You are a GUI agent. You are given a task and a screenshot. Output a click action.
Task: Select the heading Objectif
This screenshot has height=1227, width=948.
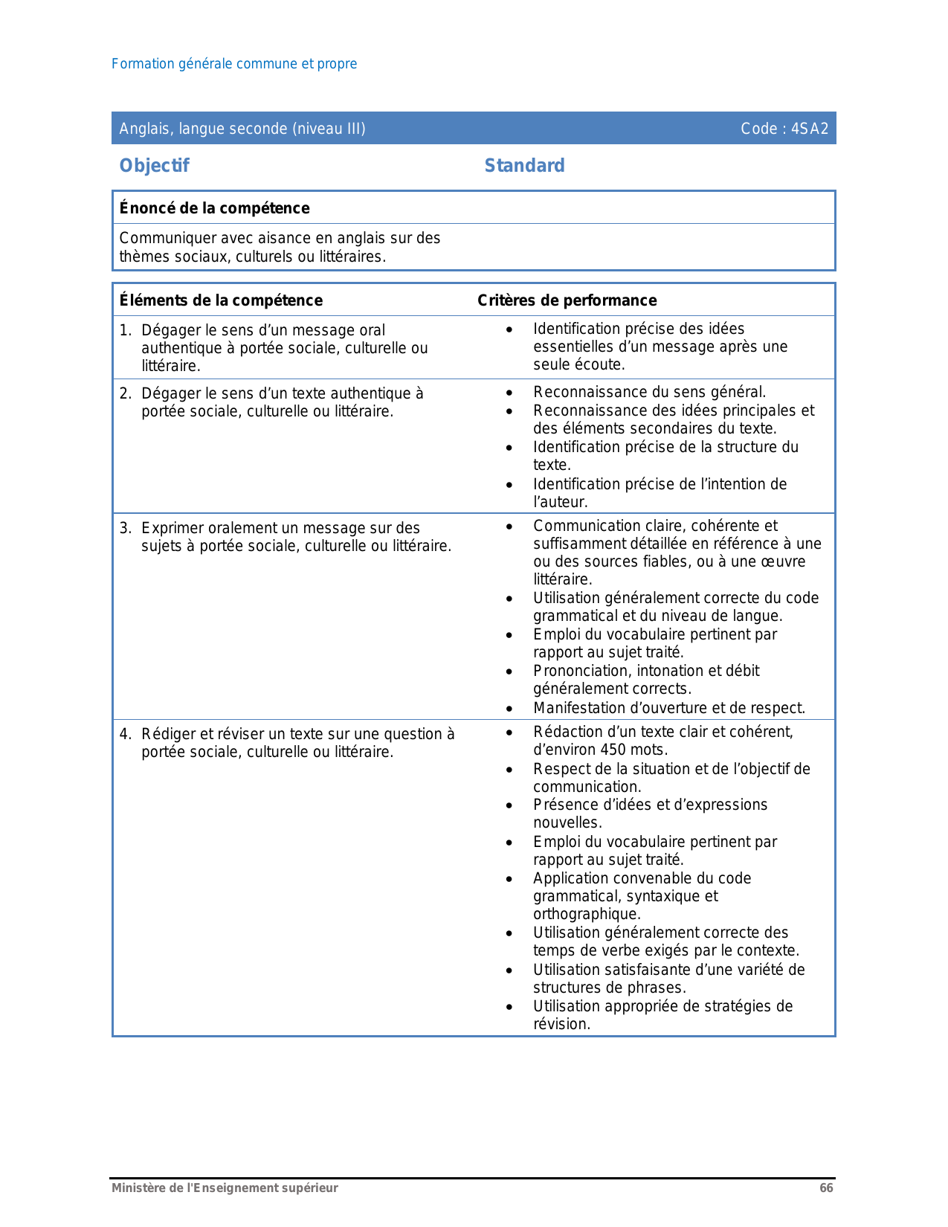[154, 166]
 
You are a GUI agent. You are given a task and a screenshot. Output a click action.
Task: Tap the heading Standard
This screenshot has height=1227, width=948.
[524, 166]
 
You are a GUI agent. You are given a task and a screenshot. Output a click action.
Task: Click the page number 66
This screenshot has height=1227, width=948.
[826, 1188]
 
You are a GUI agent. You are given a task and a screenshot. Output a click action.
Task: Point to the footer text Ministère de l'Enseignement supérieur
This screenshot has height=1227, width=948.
[225, 1188]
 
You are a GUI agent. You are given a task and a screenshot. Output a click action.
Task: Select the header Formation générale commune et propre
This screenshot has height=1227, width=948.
[234, 64]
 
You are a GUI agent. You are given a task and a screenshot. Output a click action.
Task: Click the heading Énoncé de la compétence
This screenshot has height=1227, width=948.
[214, 208]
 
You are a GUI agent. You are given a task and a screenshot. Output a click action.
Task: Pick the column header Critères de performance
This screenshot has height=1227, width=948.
[567, 300]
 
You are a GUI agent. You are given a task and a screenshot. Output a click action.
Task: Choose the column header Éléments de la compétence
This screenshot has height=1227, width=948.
[221, 300]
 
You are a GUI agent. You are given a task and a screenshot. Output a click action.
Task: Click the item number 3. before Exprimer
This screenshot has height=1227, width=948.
[126, 528]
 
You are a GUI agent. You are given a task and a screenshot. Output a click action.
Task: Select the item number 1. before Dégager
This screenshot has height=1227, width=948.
[126, 330]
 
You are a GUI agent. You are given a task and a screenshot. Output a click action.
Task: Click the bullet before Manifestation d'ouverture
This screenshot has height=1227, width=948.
[509, 709]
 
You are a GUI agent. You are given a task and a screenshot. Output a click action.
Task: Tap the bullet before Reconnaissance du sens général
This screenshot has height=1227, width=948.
[509, 393]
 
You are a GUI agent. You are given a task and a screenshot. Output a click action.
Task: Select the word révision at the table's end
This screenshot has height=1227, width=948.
[561, 1024]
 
